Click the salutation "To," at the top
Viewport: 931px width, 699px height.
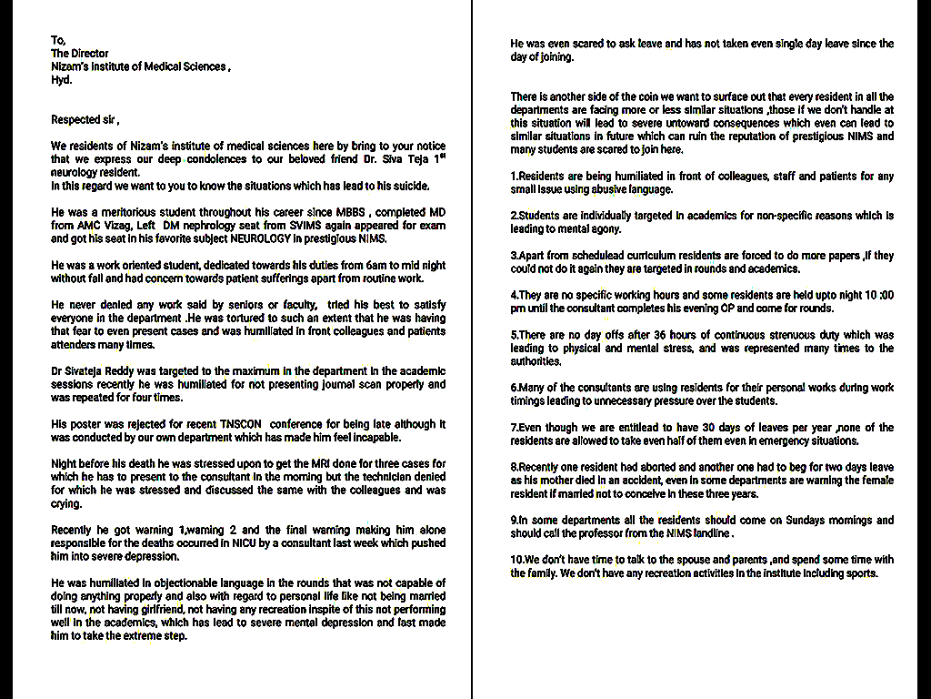[58, 40]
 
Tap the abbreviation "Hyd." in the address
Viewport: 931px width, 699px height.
[61, 80]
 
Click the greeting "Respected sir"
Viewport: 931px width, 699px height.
[84, 120]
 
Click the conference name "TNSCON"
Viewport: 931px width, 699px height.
[244, 424]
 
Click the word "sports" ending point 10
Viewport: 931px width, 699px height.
[859, 573]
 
